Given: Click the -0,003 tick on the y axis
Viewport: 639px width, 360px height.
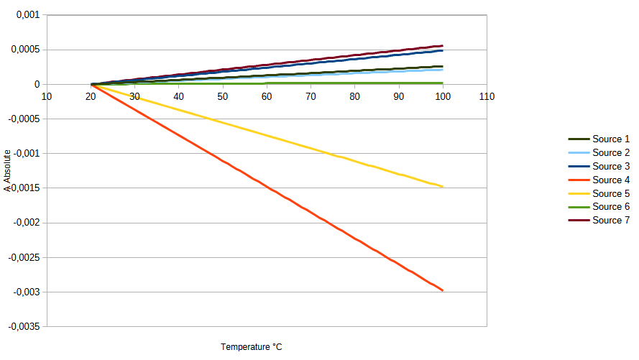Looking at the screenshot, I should (25, 292).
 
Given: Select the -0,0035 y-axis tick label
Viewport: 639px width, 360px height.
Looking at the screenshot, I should (23, 326).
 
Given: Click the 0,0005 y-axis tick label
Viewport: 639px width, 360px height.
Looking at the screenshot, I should (25, 50).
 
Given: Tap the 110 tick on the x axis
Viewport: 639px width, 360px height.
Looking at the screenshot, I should (487, 97).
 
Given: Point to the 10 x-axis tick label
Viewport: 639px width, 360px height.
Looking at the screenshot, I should (46, 97).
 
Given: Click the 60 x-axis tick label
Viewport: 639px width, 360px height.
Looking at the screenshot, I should (267, 97).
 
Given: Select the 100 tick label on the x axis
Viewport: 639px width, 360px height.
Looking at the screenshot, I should (443, 97).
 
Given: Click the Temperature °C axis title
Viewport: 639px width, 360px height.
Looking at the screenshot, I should (252, 347).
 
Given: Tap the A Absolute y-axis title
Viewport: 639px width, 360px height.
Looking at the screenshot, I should (6, 170).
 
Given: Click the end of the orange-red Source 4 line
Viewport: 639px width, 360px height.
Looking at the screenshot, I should (443, 290).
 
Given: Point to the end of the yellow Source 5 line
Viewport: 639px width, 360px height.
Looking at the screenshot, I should (443, 187).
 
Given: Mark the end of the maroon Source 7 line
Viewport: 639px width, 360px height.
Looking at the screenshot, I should (443, 46).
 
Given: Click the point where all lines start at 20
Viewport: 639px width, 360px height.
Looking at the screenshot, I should (91, 85).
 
